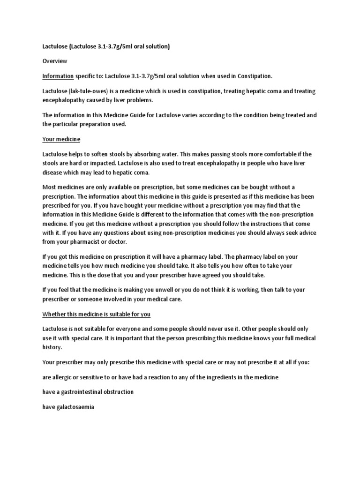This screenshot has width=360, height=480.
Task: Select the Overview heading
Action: [x=55, y=61]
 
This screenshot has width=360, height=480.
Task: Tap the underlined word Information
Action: [x=58, y=75]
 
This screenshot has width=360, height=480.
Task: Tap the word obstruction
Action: [x=119, y=392]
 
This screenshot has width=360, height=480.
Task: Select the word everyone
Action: [x=133, y=329]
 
